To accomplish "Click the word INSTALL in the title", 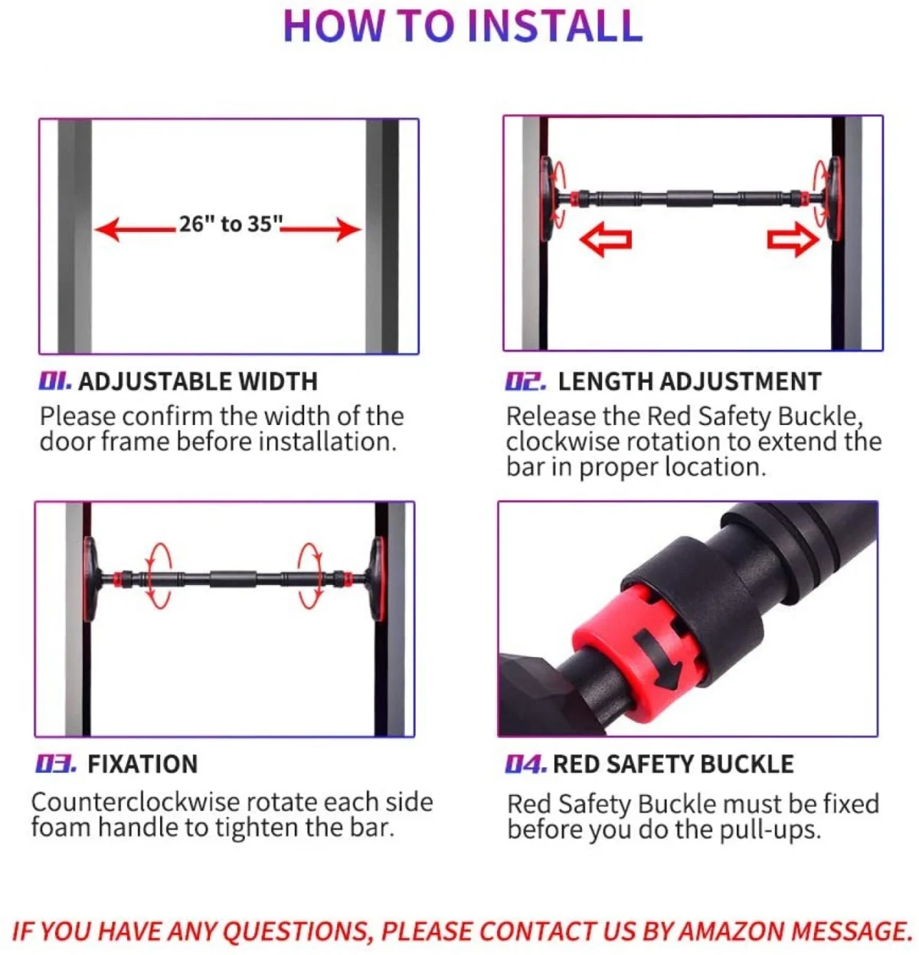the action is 555,25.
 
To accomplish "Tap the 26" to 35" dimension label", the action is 231,224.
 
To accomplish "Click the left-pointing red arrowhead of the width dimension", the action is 107,230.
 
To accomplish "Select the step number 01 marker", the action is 55,381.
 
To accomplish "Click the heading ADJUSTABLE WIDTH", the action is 198,382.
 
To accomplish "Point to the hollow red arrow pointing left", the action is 606,240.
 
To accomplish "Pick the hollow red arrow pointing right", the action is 793,240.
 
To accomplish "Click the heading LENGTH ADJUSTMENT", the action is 690,382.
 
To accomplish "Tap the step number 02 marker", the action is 525,381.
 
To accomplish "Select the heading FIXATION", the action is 142,764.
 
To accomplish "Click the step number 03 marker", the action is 55,764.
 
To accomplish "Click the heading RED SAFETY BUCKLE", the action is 673,764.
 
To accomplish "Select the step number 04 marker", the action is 526,764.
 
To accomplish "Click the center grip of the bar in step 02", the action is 690,198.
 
